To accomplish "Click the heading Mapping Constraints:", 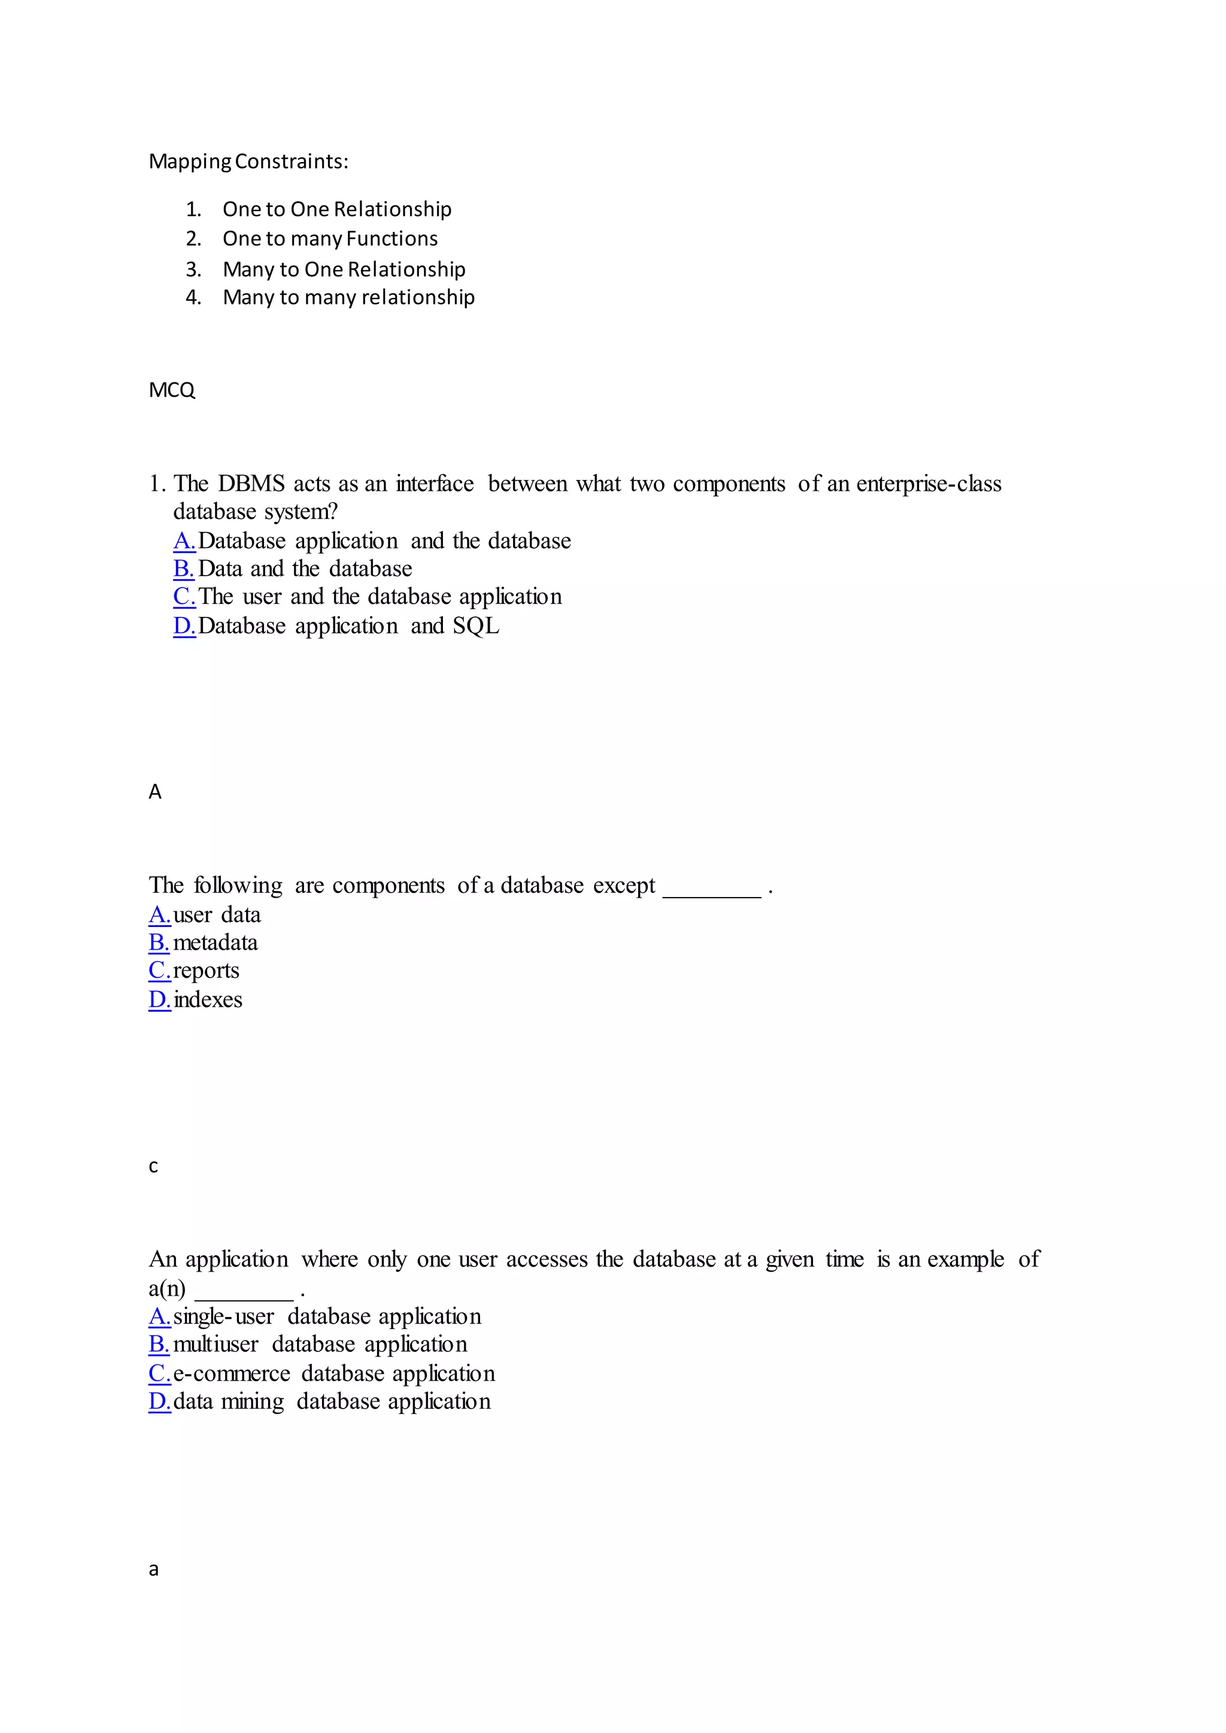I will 248,162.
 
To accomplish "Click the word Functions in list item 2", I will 392,239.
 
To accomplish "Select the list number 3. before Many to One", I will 193,269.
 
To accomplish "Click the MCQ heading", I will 172,390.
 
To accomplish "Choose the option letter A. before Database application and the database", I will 184,541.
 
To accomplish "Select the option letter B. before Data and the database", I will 183,569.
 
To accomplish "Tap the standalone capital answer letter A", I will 155,792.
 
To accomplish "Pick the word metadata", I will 215,942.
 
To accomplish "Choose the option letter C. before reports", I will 159,971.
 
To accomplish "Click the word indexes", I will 208,1000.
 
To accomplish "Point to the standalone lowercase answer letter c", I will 153,1167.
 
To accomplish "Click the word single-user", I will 223,1317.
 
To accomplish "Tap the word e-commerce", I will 231,1374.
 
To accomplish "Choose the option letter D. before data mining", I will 159,1401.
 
